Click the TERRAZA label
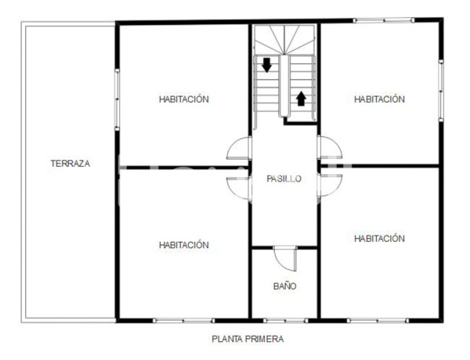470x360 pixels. pyautogui.click(x=70, y=164)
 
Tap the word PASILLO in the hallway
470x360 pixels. pyautogui.click(x=284, y=178)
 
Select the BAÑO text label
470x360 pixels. pyautogui.click(x=284, y=286)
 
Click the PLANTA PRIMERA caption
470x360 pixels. pyautogui.click(x=248, y=340)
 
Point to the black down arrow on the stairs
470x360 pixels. pyautogui.click(x=267, y=65)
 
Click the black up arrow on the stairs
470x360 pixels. pyautogui.click(x=301, y=98)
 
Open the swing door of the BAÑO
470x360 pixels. pyautogui.click(x=287, y=259)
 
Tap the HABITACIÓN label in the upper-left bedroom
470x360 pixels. pyautogui.click(x=183, y=99)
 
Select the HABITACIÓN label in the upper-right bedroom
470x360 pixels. pyautogui.click(x=379, y=99)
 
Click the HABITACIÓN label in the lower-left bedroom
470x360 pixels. pyautogui.click(x=183, y=245)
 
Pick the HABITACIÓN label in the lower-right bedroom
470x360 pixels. pyautogui.click(x=379, y=238)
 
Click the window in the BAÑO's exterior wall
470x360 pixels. pyautogui.click(x=284, y=319)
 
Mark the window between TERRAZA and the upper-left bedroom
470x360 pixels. pyautogui.click(x=117, y=100)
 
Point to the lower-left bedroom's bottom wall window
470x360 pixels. pyautogui.click(x=183, y=319)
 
